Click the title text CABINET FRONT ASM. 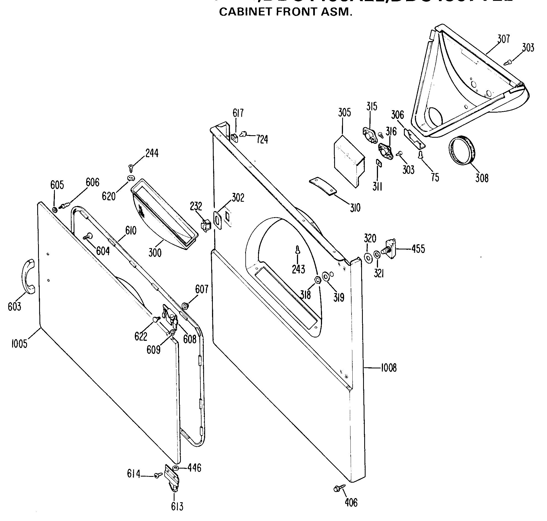286,12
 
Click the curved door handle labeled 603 29,276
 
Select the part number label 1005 19,344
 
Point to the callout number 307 503,38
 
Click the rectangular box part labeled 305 348,161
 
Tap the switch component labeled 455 390,249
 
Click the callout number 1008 388,368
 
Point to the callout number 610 131,230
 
